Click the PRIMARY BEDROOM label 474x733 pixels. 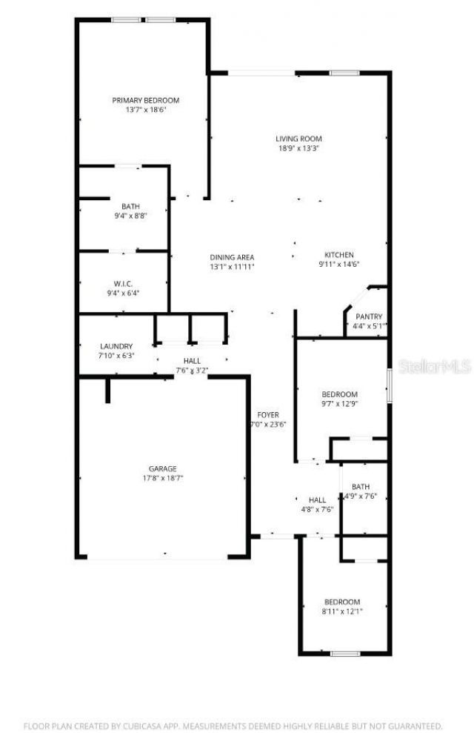click(146, 100)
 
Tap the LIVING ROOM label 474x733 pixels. click(298, 139)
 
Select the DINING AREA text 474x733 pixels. click(232, 257)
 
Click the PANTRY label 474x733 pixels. click(369, 317)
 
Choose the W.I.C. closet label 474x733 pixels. click(123, 283)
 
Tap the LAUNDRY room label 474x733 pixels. click(116, 346)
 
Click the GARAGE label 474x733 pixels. click(162, 468)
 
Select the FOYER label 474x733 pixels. click(267, 414)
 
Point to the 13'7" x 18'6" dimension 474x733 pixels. click(146, 110)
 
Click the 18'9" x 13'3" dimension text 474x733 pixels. click(298, 148)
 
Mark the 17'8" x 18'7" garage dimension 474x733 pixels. click(162, 478)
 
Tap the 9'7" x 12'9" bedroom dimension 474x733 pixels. click(340, 404)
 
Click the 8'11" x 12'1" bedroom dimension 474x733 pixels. click(342, 611)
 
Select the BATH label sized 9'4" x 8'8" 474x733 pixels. click(130, 206)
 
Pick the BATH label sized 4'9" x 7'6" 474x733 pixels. click(361, 487)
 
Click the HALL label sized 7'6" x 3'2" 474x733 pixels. click(192, 360)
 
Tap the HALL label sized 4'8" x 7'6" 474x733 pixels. click(317, 500)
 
